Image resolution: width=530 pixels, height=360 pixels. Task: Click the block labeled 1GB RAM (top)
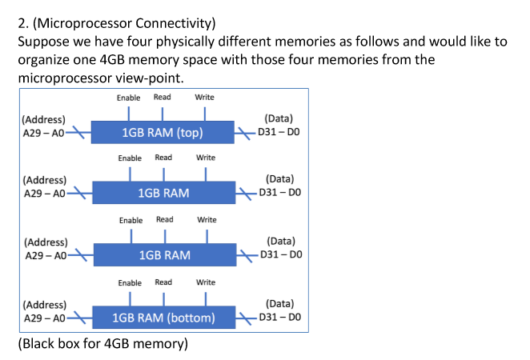[163, 132]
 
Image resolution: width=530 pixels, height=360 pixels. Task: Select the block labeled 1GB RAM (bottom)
[164, 318]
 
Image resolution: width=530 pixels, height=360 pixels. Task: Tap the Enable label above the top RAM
[128, 98]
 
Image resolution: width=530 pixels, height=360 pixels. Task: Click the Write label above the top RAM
[204, 98]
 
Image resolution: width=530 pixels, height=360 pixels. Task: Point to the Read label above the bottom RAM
[163, 282]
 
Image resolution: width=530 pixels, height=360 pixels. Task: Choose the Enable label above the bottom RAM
[130, 283]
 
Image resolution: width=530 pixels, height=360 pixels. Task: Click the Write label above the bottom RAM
[206, 282]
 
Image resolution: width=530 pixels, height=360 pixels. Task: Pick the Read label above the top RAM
[162, 98]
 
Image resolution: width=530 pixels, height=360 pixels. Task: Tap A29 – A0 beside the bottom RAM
[44, 318]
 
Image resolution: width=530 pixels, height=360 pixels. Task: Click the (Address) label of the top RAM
[43, 120]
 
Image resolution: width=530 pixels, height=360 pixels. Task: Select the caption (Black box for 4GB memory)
[102, 344]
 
